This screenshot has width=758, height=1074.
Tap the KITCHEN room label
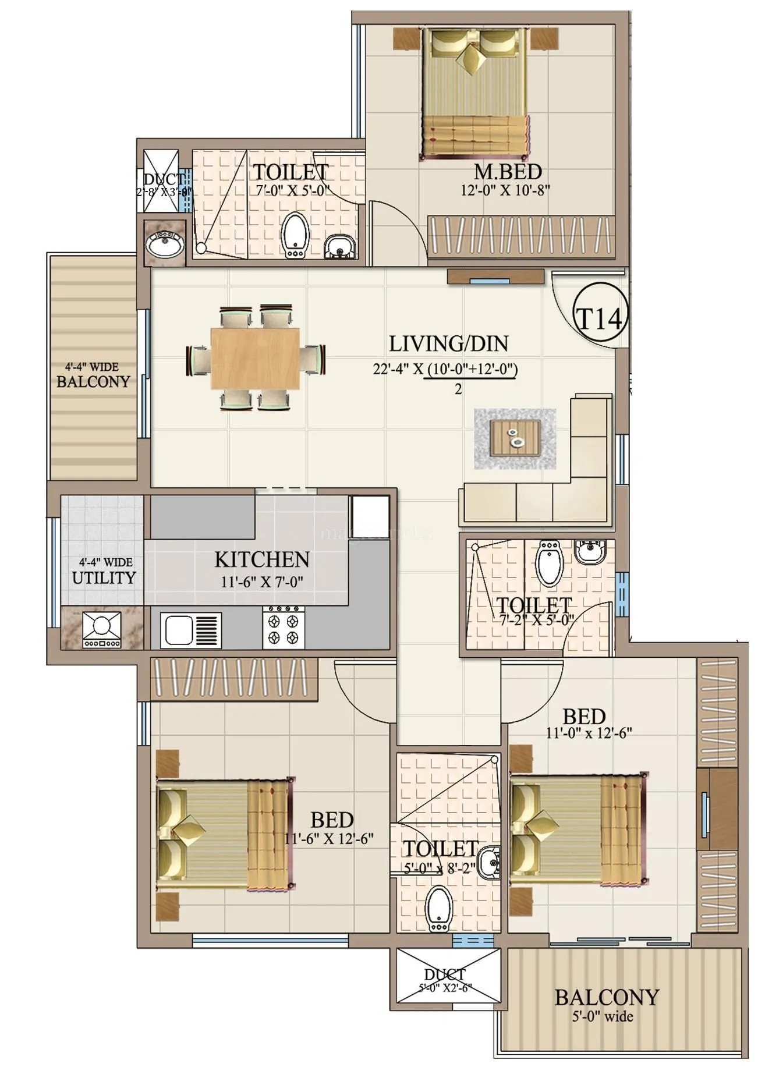[x=262, y=560]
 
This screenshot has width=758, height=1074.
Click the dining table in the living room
[x=255, y=358]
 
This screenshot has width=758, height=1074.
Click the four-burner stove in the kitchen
[x=284, y=628]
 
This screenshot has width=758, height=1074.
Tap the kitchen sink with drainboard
[x=190, y=629]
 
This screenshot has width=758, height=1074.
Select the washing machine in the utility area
[x=102, y=629]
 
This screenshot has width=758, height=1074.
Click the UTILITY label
[x=103, y=578]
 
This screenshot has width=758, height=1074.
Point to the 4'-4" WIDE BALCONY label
[x=93, y=376]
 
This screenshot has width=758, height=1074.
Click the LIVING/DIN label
[x=448, y=344]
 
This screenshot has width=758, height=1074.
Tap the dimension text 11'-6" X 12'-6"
[x=329, y=839]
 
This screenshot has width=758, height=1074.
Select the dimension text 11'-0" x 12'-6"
[x=589, y=733]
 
